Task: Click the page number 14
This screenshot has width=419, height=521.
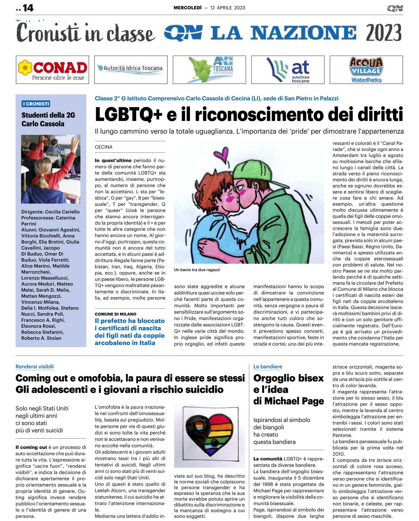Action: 28,8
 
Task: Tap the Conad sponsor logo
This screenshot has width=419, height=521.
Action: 52,70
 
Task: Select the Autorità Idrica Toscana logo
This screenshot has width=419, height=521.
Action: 131,68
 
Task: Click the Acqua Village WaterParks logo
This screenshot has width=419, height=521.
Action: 366,70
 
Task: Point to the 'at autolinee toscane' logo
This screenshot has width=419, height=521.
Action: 288,70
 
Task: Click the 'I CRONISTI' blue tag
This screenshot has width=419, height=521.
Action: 36,104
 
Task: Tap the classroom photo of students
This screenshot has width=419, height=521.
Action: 51,169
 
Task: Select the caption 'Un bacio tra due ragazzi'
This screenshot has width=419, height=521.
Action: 197,270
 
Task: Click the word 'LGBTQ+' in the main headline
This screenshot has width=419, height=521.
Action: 129,114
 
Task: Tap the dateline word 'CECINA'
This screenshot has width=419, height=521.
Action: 104,147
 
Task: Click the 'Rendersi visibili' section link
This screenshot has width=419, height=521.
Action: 35,367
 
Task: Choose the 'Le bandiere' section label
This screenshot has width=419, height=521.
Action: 268,367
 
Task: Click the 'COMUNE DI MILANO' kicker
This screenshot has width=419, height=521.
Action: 115,314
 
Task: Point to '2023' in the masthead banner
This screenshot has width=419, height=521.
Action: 384,33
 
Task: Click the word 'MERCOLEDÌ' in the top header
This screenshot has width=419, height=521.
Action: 188,8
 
